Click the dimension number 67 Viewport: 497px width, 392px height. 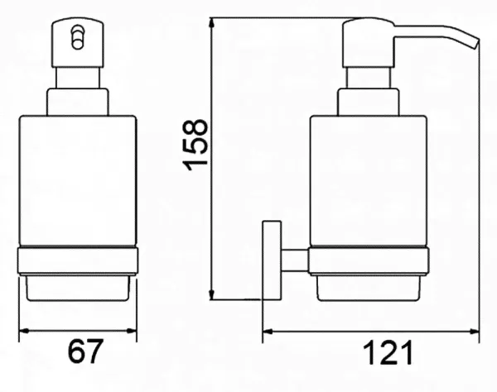pyautogui.click(x=85, y=351)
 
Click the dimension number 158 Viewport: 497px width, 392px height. pyautogui.click(x=195, y=145)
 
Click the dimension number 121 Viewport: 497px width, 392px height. pyautogui.click(x=388, y=352)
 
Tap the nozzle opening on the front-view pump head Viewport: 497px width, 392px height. pyautogui.click(x=77, y=37)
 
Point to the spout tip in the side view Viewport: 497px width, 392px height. pyautogui.click(x=475, y=44)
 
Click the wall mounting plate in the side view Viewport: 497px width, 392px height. pyautogui.click(x=272, y=260)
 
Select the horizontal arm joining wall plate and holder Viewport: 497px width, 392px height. pyautogui.click(x=295, y=261)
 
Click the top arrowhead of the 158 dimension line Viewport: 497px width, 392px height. pyautogui.click(x=212, y=23)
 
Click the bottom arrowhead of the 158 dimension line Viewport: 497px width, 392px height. pyautogui.click(x=212, y=294)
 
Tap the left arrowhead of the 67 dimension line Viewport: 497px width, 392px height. pyautogui.click(x=24, y=331)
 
